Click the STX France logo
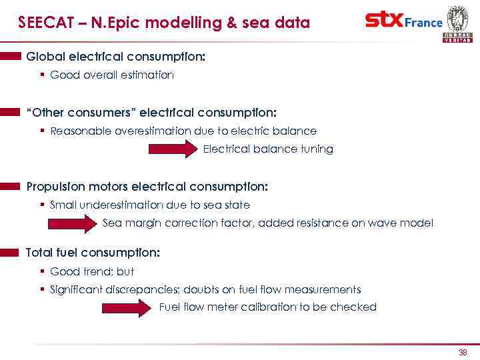403,21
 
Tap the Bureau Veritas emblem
457,23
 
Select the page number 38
463,352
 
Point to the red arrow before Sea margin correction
73,223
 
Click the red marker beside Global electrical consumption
11,57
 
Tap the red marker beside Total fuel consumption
11,253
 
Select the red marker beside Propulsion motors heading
11,187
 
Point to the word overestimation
151,131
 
